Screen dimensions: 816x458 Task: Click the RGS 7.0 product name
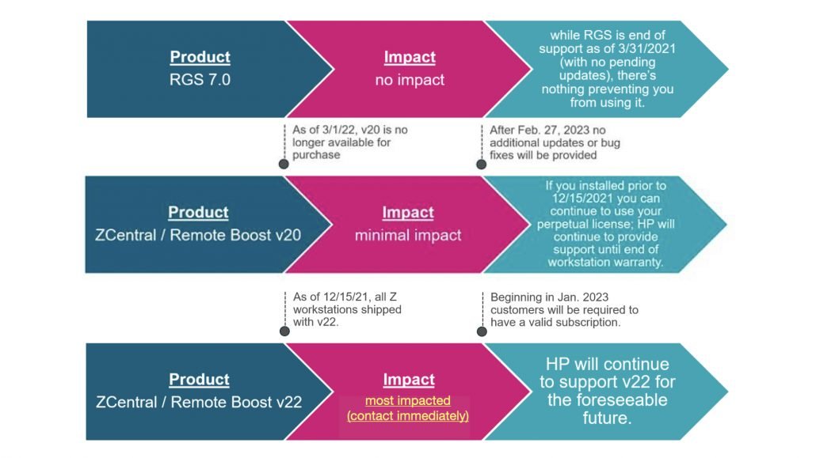(200, 80)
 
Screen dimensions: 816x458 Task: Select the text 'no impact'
(410, 80)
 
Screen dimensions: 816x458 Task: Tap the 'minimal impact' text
(408, 236)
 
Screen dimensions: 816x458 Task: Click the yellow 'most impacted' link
(408, 400)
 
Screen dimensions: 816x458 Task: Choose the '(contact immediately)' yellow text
(408, 416)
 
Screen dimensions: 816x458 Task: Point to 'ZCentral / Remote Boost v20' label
(198, 235)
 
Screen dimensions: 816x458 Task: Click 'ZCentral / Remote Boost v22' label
(200, 402)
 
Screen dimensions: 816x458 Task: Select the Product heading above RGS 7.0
(200, 57)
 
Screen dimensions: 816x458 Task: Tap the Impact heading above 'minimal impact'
(408, 212)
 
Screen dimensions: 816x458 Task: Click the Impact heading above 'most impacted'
(409, 380)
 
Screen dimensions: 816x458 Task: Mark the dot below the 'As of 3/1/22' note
(284, 165)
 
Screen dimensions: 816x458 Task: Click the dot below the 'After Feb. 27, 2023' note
(482, 165)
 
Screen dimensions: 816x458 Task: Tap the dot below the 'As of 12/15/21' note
(284, 331)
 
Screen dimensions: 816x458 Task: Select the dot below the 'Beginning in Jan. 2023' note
(482, 331)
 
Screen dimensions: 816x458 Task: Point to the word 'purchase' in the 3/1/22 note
(316, 155)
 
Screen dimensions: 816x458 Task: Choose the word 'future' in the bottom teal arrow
(605, 418)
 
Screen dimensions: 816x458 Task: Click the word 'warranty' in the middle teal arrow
(638, 263)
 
